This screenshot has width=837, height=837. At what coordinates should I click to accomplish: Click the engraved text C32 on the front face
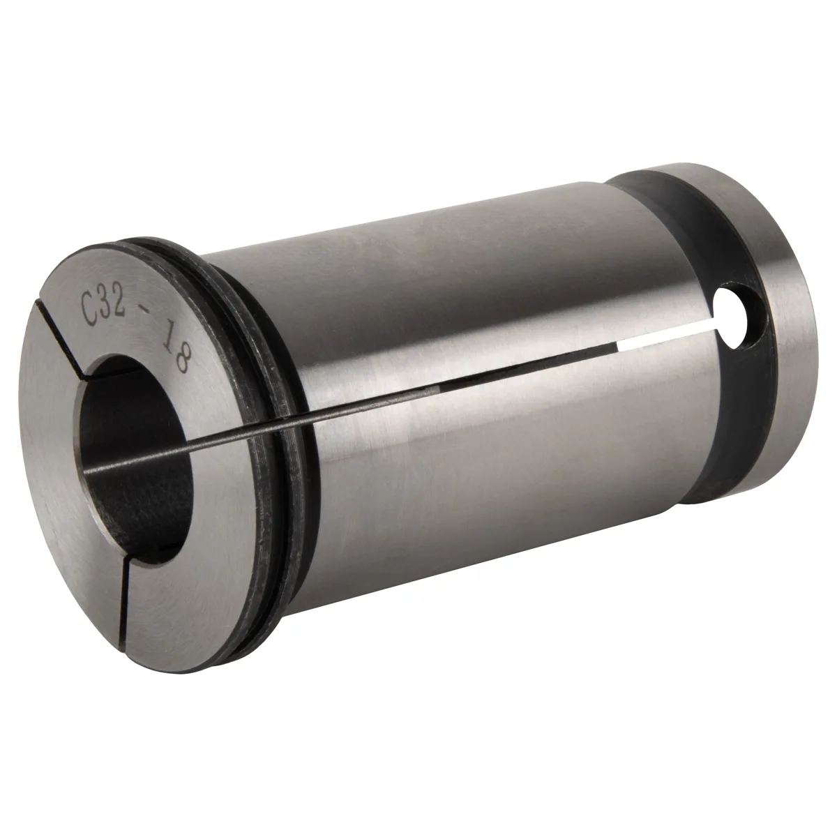[105, 306]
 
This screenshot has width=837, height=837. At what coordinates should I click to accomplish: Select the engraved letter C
[90, 309]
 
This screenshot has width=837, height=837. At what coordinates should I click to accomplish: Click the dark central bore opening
[135, 452]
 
